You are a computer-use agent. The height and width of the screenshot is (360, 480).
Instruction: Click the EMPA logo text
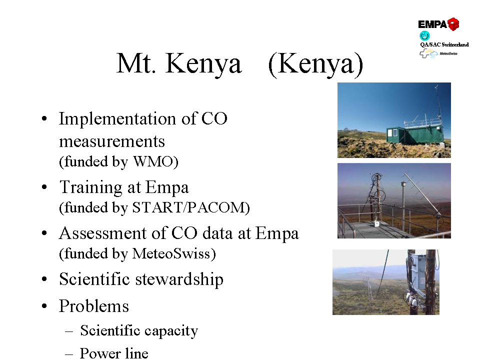[432, 24]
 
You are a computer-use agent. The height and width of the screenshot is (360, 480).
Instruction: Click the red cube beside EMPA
[453, 24]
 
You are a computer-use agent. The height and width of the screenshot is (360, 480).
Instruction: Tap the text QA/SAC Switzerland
[444, 44]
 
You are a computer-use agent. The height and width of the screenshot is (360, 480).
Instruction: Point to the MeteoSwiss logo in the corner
[438, 54]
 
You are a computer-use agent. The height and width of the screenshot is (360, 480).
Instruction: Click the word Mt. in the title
[136, 63]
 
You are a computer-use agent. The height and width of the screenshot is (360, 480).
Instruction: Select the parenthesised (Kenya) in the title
[315, 64]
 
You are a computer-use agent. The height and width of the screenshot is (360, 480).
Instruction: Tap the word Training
[100, 187]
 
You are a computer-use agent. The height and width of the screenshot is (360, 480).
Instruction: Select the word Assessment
[103, 233]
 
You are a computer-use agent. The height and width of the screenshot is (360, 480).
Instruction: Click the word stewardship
[179, 279]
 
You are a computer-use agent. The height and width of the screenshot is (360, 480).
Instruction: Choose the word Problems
[94, 306]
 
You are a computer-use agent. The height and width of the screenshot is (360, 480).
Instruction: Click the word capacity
[171, 331]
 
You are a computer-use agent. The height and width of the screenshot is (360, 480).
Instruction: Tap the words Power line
[114, 353]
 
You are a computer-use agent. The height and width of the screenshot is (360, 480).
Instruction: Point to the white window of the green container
[393, 133]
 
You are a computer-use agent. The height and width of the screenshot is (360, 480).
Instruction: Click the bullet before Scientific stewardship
[44, 279]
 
